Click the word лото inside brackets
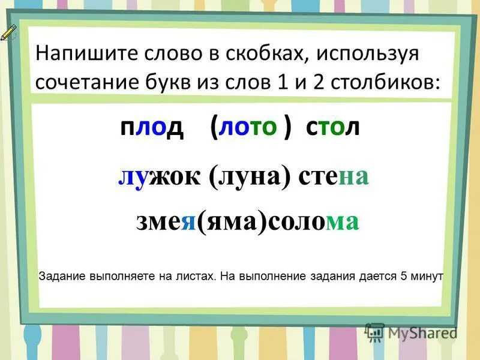pyautogui.click(x=248, y=128)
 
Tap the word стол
pyautogui.click(x=333, y=128)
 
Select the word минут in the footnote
pyautogui.click(x=427, y=277)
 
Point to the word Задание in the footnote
pyautogui.click(x=62, y=277)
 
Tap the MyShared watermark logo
pyautogui.click(x=412, y=331)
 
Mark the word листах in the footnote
pyautogui.click(x=195, y=277)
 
